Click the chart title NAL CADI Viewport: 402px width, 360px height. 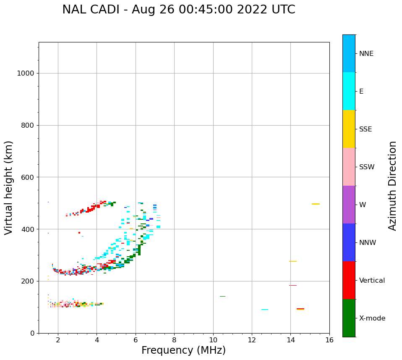pyautogui.click(x=178, y=10)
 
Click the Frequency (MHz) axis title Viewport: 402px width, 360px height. pyautogui.click(x=183, y=350)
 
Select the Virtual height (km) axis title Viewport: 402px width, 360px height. pyautogui.click(x=9, y=187)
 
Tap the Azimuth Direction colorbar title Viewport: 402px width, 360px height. pyautogui.click(x=392, y=186)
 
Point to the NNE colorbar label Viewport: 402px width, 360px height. pyautogui.click(x=366, y=54)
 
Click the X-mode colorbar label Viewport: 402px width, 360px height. pyautogui.click(x=372, y=318)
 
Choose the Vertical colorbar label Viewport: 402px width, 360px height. pyautogui.click(x=372, y=281)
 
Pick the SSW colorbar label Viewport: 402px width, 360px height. pyautogui.click(x=367, y=167)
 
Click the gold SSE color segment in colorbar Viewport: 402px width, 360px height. pyautogui.click(x=349, y=129)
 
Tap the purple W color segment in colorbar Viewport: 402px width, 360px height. pyautogui.click(x=349, y=205)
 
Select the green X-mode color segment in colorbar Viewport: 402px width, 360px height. pyautogui.click(x=349, y=318)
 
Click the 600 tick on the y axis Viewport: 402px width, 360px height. pyautogui.click(x=27, y=177)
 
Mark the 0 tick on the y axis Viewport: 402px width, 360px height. pyautogui.click(x=32, y=333)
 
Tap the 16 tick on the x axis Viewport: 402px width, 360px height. pyautogui.click(x=329, y=339)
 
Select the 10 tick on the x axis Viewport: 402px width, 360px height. pyautogui.click(x=213, y=339)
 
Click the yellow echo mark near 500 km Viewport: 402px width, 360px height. pyautogui.click(x=316, y=204)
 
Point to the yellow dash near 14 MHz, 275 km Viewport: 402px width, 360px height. pyautogui.click(x=293, y=261)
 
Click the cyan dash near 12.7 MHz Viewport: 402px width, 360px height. pyautogui.click(x=265, y=310)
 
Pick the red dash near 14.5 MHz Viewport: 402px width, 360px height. pyautogui.click(x=300, y=309)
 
